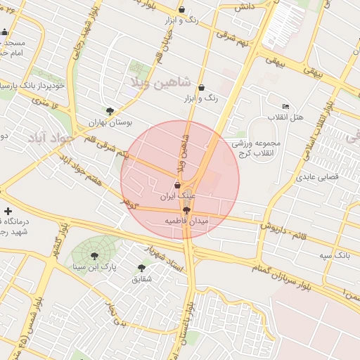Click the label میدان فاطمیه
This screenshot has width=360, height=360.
pyautogui.click(x=187, y=221)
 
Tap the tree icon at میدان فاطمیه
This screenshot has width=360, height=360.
pyautogui.click(x=186, y=210)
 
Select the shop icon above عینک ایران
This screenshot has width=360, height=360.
pyautogui.click(x=177, y=185)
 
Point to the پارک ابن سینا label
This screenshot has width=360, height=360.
pyautogui.click(x=95, y=267)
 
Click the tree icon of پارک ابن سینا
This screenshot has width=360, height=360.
pyautogui.click(x=95, y=257)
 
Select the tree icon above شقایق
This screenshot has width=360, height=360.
pyautogui.click(x=141, y=268)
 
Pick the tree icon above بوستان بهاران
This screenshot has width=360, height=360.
pyautogui.click(x=109, y=111)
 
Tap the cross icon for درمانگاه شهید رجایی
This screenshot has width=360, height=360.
pyautogui.click(x=8, y=211)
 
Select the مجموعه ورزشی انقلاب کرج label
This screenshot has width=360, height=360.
pyautogui.click(x=256, y=148)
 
